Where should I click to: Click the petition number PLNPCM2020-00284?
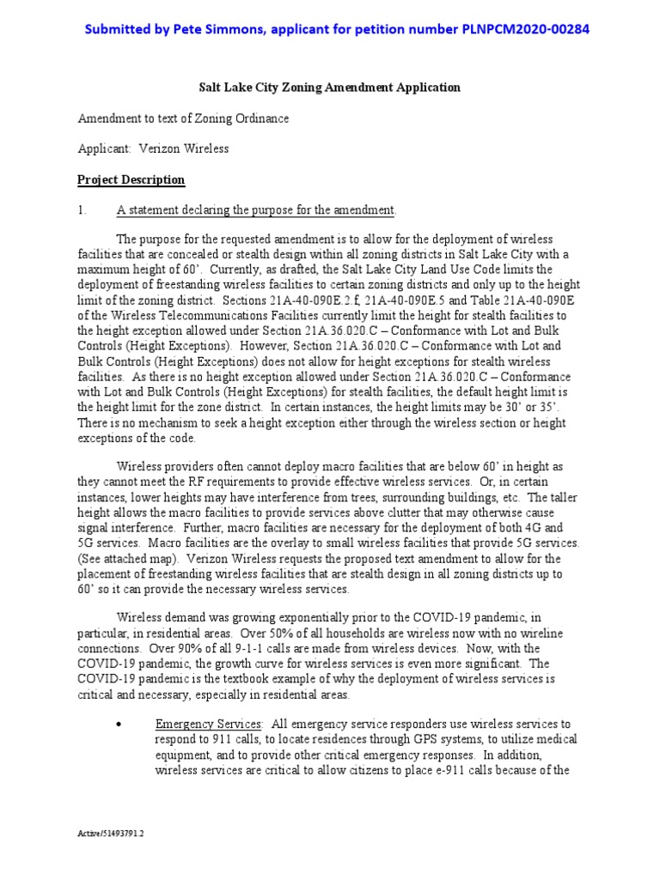coord(518,30)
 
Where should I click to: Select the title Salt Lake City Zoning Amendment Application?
coord(330,88)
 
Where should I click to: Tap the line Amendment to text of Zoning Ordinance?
coord(183,118)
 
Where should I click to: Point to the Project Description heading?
coord(131,180)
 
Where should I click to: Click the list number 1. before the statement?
coord(82,210)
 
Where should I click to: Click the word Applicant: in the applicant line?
coord(104,149)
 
